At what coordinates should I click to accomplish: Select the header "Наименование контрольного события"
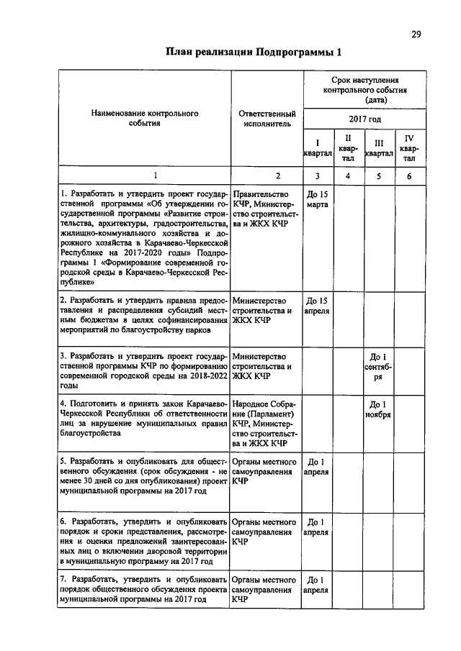(144, 118)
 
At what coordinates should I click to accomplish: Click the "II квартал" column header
(348, 147)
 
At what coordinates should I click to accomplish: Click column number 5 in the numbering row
(378, 175)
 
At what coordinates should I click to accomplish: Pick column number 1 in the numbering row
(144, 175)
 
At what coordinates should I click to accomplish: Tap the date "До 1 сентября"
(378, 366)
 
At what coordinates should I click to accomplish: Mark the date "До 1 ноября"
(378, 409)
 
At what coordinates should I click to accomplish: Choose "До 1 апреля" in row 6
(317, 527)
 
